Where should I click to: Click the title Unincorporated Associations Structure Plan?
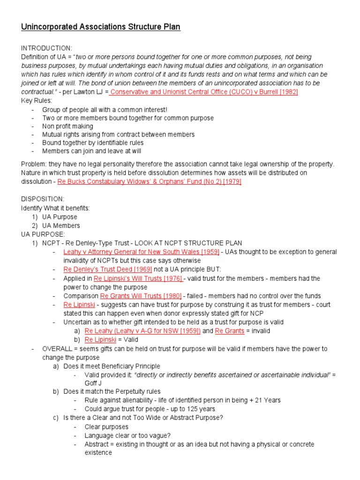(100, 27)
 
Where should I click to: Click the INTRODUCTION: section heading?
(46, 48)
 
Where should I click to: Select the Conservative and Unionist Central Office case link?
(204, 92)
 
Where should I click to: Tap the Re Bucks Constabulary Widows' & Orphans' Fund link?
(149, 181)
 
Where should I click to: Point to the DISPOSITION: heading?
(43, 199)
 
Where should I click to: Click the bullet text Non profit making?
(67, 126)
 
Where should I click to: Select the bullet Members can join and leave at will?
(92, 151)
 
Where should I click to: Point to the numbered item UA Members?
(61, 225)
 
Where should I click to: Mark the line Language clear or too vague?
(127, 435)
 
